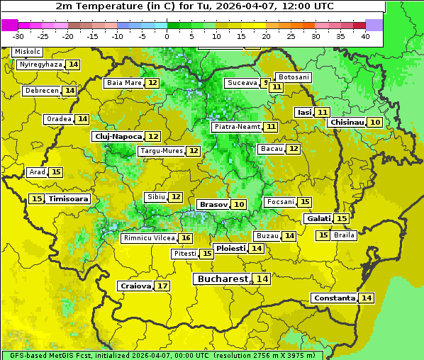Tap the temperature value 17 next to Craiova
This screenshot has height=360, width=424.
click(162, 286)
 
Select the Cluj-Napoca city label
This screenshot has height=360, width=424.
click(118, 136)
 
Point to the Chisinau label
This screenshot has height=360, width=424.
click(347, 123)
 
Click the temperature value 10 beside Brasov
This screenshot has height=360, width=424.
click(239, 204)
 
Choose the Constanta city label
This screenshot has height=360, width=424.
click(333, 298)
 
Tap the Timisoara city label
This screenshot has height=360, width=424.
click(68, 199)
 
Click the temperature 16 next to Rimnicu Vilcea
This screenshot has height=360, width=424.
click(186, 238)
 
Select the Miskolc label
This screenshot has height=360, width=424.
click(28, 52)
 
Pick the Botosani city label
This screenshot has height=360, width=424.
click(294, 77)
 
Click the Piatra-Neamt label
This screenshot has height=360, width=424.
click(237, 127)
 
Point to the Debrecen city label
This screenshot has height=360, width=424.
click(41, 91)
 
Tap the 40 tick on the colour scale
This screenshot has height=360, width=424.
click(365, 36)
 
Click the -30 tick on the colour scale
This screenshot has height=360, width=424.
click(18, 36)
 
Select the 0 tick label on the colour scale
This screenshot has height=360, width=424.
click(167, 36)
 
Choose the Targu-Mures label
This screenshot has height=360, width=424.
click(161, 151)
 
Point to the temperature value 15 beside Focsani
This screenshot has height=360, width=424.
click(305, 203)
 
